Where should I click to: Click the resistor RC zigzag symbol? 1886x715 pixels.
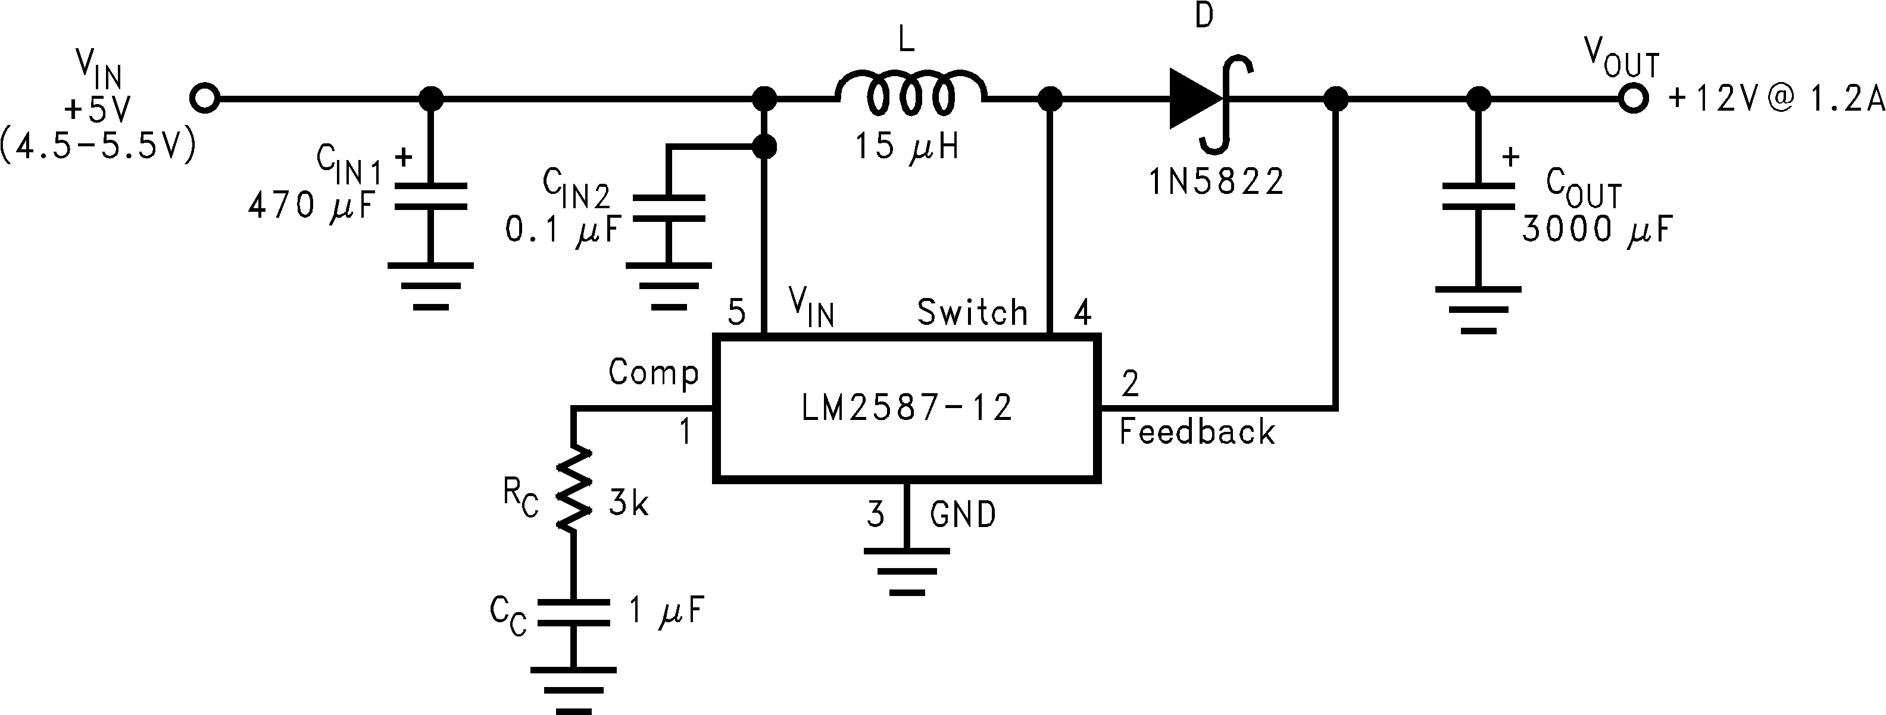coord(573,488)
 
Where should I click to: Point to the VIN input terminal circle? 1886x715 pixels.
coord(205,98)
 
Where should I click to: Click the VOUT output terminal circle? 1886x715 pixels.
coord(1632,98)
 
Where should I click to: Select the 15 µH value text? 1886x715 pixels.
coord(907,147)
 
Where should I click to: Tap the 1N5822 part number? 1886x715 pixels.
coord(1216,182)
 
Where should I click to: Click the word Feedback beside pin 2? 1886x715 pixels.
coord(1197,432)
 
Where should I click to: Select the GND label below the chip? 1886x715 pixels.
coord(963,515)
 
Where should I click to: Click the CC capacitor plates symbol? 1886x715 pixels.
coord(573,613)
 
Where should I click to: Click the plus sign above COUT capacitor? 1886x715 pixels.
coord(1510,156)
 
